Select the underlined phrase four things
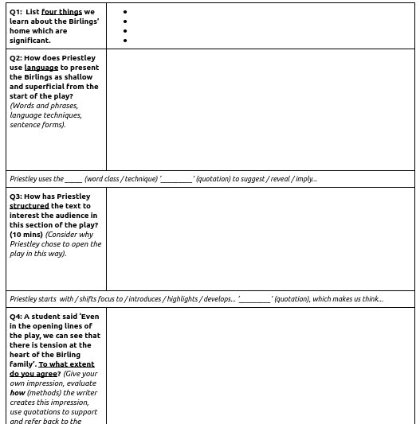[x=61, y=13]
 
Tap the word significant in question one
[x=29, y=41]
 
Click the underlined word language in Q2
[x=41, y=68]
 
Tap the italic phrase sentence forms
[x=32, y=125]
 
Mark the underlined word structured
[x=29, y=206]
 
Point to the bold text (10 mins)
[x=26, y=235]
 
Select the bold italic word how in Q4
[x=18, y=392]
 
